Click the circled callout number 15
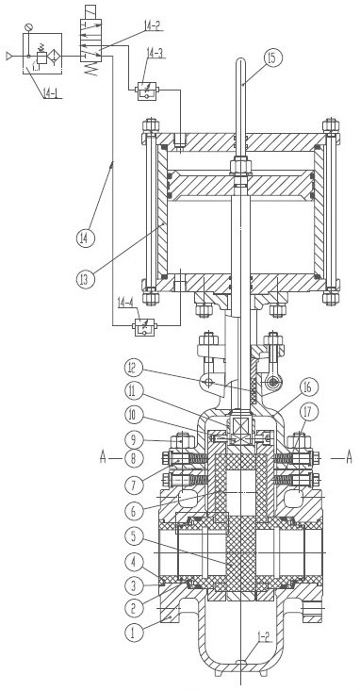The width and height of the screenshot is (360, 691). pyautogui.click(x=272, y=58)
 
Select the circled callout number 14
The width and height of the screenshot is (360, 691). pyautogui.click(x=86, y=239)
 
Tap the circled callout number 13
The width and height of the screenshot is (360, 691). pyautogui.click(x=86, y=279)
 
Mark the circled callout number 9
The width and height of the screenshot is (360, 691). pyautogui.click(x=134, y=439)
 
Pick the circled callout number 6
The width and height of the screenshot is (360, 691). pyautogui.click(x=134, y=511)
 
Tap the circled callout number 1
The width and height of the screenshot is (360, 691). pyautogui.click(x=134, y=633)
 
